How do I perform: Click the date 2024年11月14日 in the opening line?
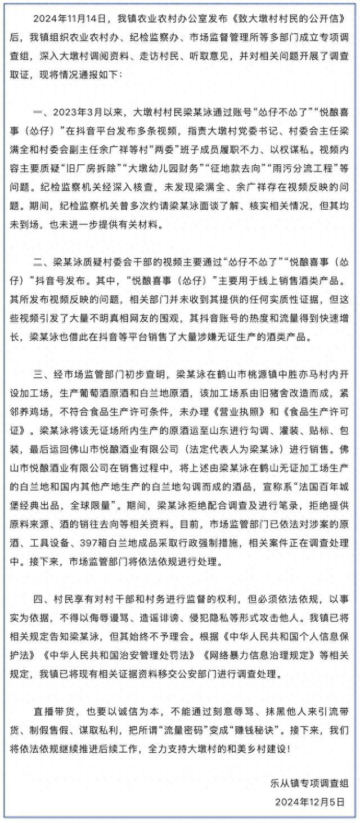67,19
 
